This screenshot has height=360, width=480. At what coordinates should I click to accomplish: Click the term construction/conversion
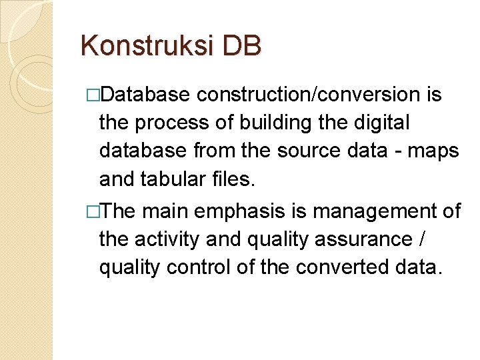coord(307,95)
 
